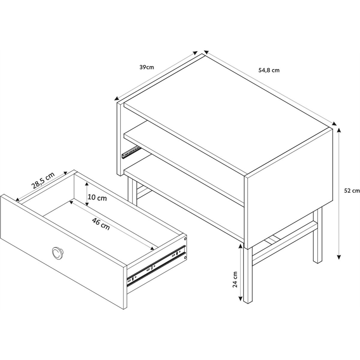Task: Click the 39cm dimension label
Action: click(147, 67)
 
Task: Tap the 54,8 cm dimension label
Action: click(269, 70)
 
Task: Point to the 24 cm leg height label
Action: click(235, 280)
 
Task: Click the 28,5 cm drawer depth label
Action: click(43, 180)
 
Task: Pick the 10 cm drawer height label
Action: click(97, 198)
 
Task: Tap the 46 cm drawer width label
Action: click(101, 224)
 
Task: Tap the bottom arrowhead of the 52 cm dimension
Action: click(339, 257)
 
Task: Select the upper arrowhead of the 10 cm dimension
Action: click(86, 184)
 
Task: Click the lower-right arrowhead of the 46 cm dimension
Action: click(152, 248)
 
